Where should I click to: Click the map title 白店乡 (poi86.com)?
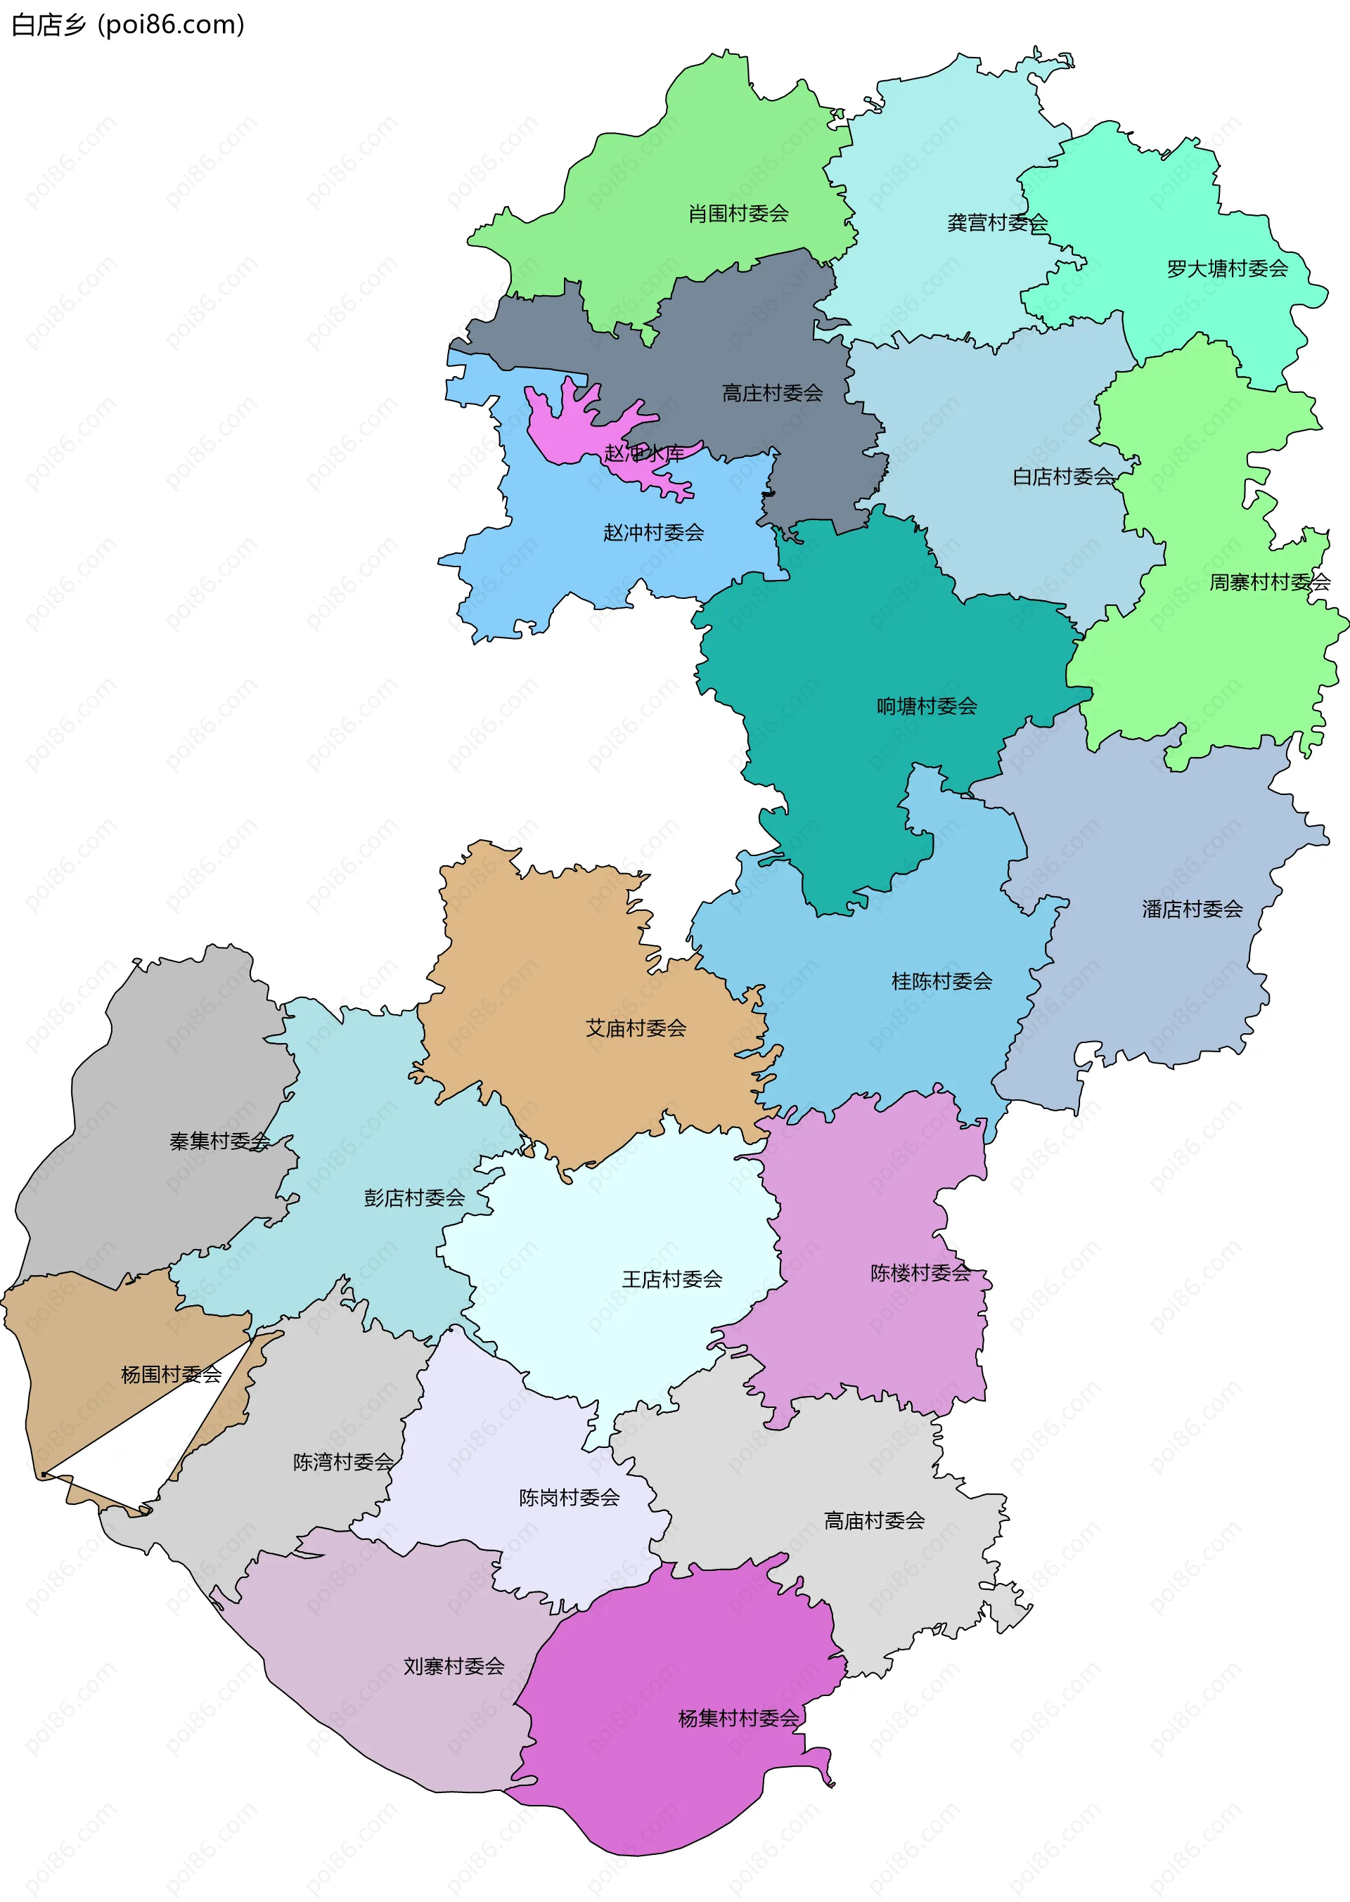click(x=128, y=25)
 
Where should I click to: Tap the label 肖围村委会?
click(x=738, y=214)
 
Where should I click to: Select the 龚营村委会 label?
click(x=998, y=223)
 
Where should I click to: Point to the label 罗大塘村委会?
click(x=1227, y=269)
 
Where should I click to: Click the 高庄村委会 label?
click(x=772, y=393)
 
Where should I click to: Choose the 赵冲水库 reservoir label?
click(x=644, y=453)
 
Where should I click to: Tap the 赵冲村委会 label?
click(x=653, y=533)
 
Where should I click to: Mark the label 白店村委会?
click(x=1063, y=476)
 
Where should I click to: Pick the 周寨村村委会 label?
click(x=1269, y=582)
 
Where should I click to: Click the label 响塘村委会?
click(x=927, y=706)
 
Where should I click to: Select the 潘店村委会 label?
click(x=1192, y=909)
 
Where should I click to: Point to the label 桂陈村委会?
click(x=942, y=981)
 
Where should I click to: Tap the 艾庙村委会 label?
click(x=636, y=1029)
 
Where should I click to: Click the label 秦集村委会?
click(x=219, y=1141)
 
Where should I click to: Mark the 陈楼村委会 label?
click(x=921, y=1273)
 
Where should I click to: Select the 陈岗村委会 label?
click(x=570, y=1498)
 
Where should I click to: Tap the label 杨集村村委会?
click(x=738, y=1719)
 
